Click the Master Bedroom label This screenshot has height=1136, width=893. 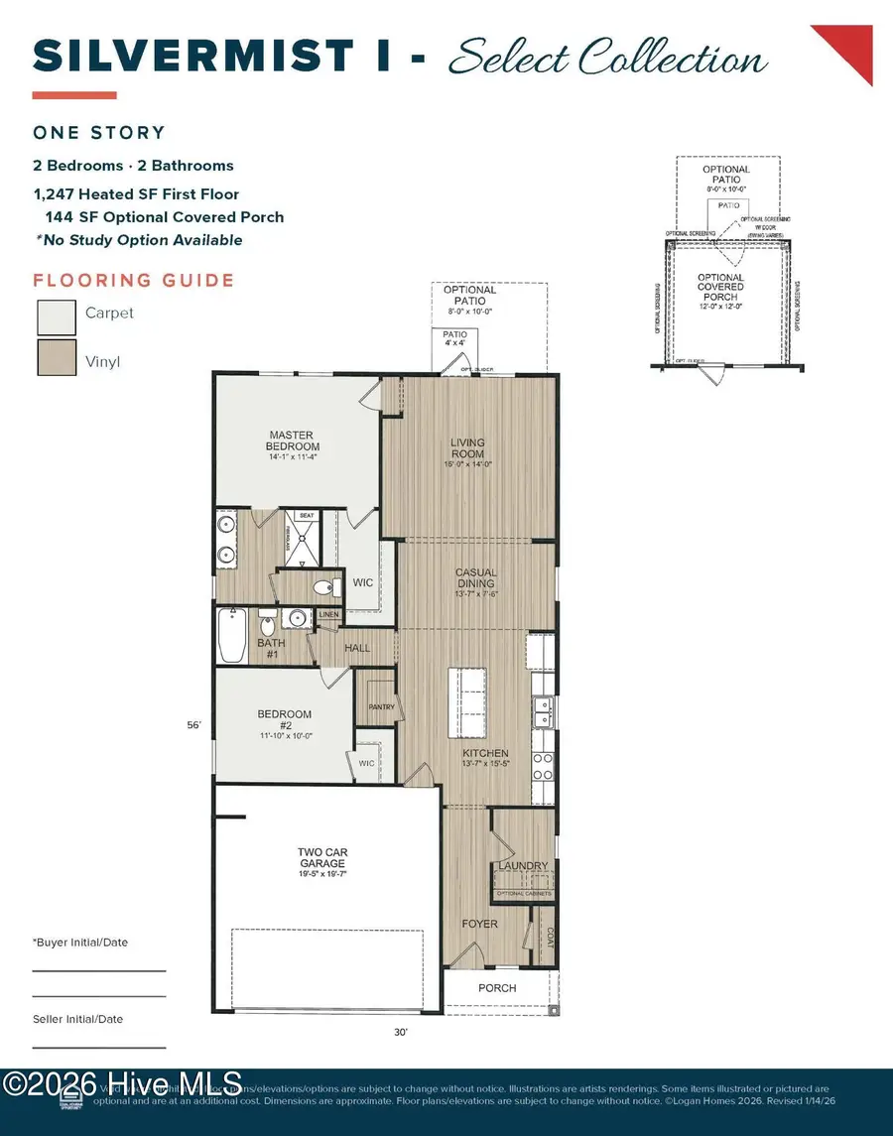coord(294,441)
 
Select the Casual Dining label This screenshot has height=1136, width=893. coord(476,578)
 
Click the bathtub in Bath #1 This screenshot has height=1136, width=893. coord(230,635)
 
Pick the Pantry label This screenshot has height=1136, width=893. coord(381,707)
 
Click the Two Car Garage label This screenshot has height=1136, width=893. coord(322,858)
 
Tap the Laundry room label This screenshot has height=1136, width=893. coord(523,866)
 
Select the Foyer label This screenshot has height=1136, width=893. coord(480,924)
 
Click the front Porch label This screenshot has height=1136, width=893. coord(497,988)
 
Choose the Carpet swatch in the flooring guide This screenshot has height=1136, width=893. coord(57,316)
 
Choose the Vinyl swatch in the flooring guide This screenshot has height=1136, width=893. coord(57,358)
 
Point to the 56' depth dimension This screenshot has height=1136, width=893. coord(193,725)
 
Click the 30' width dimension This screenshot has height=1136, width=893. coord(401,1032)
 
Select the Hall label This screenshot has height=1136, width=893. coord(357,648)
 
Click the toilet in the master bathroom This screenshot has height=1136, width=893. coord(322,587)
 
